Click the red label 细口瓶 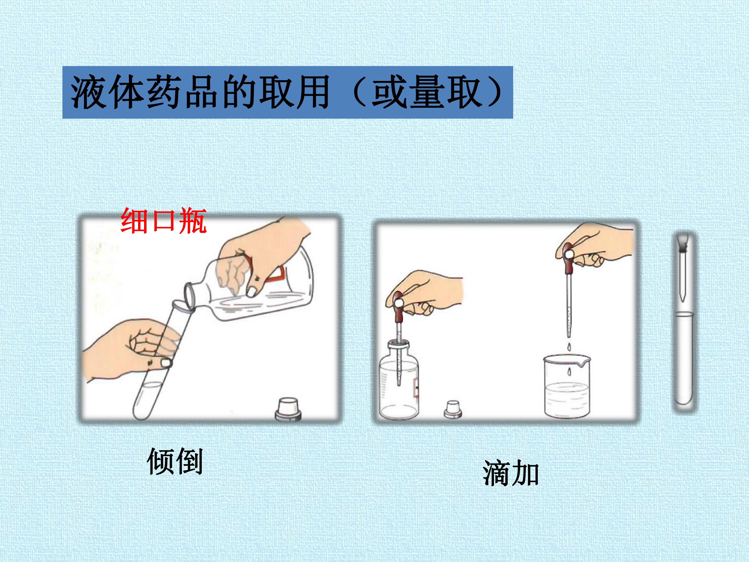tap(164, 221)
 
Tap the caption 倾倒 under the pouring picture tap(175, 461)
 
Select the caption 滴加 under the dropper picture tap(511, 473)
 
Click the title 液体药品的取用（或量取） tap(287, 92)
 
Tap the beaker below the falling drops tap(567, 386)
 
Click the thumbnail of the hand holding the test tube tap(166, 363)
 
